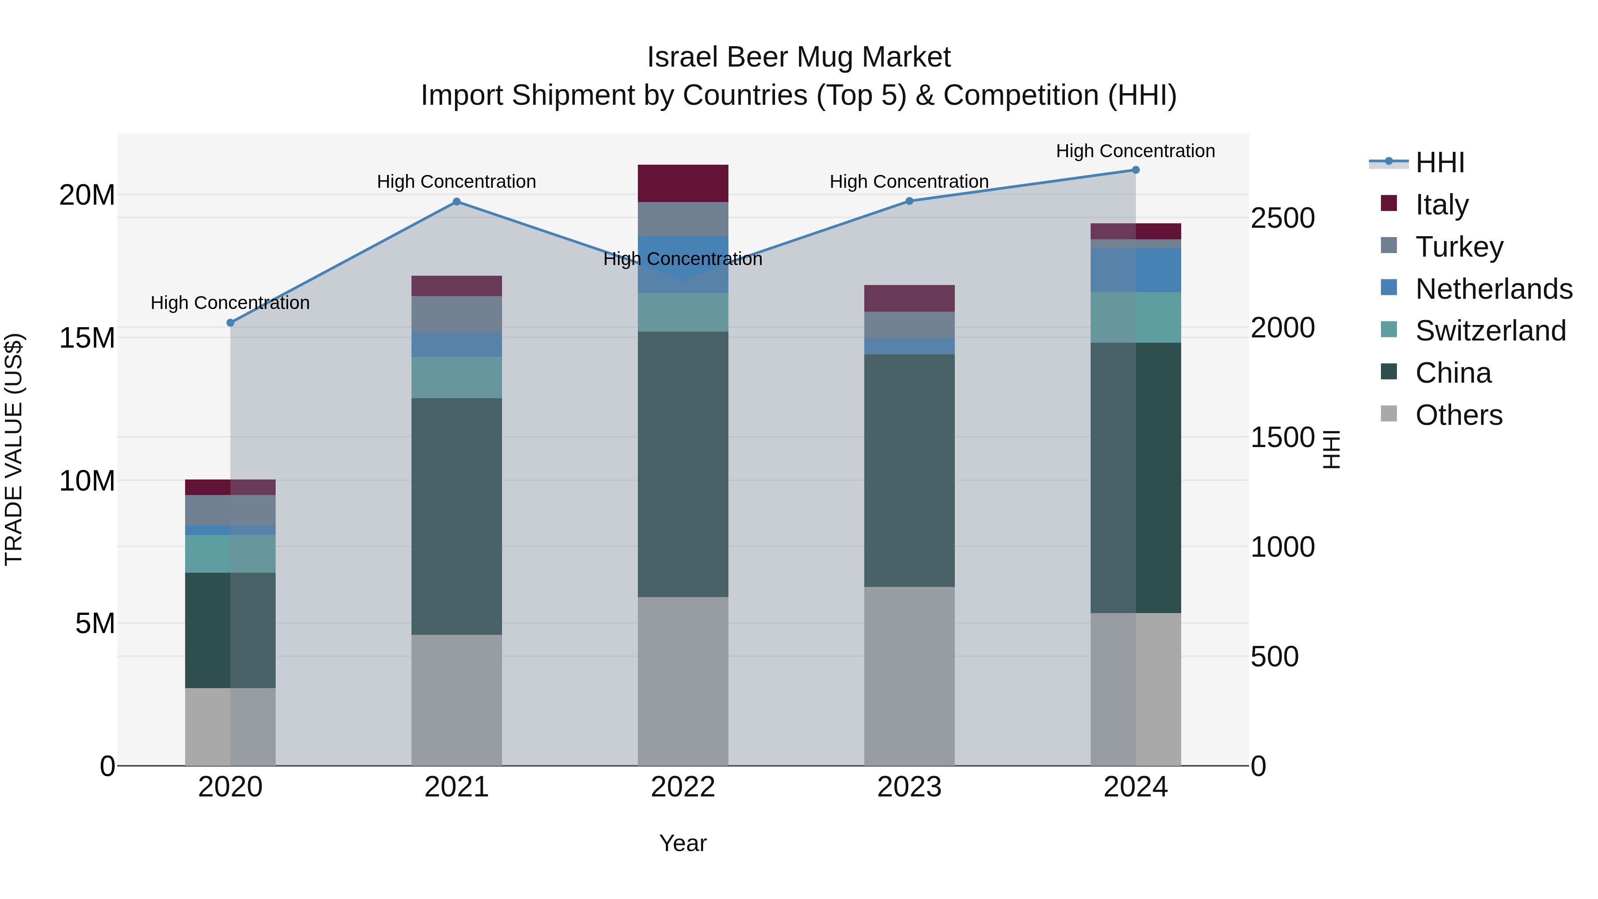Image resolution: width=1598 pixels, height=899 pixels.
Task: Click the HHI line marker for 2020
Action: (x=230, y=323)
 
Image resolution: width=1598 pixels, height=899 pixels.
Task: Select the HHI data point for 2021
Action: (x=457, y=202)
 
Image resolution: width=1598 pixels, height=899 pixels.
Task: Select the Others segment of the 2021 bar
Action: (x=457, y=699)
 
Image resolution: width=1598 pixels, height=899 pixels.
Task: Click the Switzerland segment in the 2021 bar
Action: (x=457, y=377)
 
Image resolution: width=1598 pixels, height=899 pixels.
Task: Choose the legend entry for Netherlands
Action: (x=1493, y=289)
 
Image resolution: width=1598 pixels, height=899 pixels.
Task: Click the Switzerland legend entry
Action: (x=1490, y=331)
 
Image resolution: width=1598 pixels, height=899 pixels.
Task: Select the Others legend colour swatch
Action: (x=1388, y=414)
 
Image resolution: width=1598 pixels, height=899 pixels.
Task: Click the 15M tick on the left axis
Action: (x=87, y=338)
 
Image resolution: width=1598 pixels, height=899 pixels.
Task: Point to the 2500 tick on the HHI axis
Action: (x=1282, y=218)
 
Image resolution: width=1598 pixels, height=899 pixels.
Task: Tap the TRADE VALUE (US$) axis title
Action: (x=14, y=449)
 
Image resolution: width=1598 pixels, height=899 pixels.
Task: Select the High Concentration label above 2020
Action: (x=230, y=303)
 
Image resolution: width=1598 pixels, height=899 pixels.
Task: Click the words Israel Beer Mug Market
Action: (x=799, y=57)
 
